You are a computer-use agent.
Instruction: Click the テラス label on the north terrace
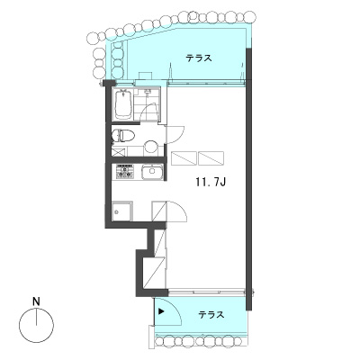click(x=199, y=58)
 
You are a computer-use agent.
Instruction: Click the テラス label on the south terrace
click(x=211, y=315)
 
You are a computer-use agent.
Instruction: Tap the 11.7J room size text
click(x=211, y=182)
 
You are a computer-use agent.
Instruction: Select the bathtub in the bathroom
click(x=122, y=104)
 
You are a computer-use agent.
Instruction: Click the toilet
click(x=123, y=136)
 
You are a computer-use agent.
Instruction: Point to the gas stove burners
click(x=124, y=172)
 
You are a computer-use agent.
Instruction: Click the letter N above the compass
click(x=36, y=301)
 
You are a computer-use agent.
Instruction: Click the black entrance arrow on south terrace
click(x=161, y=311)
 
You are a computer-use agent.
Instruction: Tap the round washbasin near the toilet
click(x=151, y=148)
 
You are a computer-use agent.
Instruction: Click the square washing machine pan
click(x=121, y=211)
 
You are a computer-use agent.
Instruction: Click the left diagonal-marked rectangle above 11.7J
click(x=184, y=158)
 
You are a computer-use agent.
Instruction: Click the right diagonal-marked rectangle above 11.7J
click(x=211, y=158)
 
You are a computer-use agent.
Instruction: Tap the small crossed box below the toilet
click(x=117, y=151)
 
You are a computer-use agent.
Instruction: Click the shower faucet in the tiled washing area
click(x=148, y=92)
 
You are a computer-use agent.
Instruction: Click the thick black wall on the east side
click(x=248, y=179)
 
